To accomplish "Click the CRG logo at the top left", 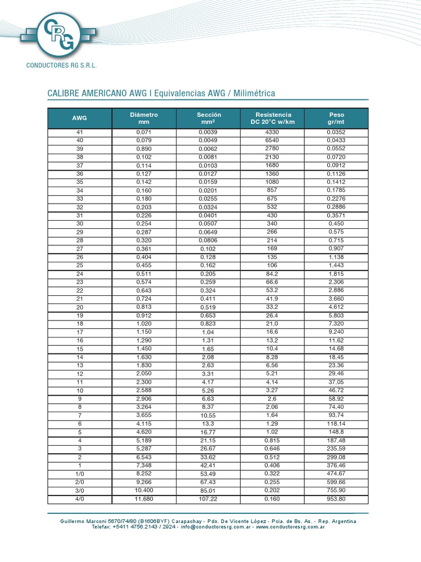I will click(58, 34).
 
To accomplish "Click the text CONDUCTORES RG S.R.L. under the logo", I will click(61, 65).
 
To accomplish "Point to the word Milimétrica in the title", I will click(254, 93).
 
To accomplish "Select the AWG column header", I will click(79, 118).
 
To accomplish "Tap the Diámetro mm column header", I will click(144, 118).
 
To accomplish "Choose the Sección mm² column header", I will click(208, 118).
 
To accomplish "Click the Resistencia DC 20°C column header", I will click(272, 118).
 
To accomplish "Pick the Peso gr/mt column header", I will click(337, 118).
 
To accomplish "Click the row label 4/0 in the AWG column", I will click(79, 499).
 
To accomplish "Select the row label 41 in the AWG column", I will click(79, 132).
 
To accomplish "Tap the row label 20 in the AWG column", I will click(79, 307).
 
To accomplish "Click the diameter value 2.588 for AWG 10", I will click(144, 390).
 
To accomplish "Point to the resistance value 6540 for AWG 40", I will click(272, 140).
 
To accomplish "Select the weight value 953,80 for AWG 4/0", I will click(337, 499).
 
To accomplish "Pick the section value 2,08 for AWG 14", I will click(208, 357).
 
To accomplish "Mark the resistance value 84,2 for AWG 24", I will click(272, 274).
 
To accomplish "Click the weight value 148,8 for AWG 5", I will click(337, 432).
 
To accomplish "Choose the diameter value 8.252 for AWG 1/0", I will click(144, 474).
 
